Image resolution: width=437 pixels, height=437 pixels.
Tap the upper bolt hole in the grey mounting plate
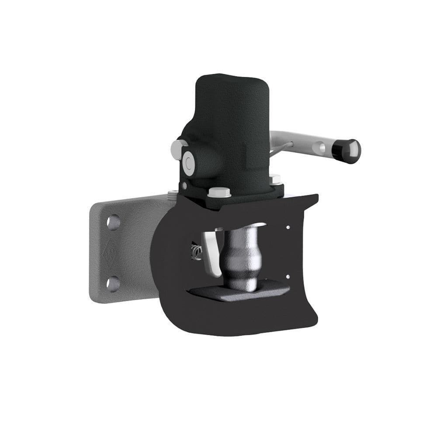pyautogui.click(x=114, y=222)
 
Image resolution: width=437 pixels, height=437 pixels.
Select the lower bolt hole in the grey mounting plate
pyautogui.click(x=113, y=283)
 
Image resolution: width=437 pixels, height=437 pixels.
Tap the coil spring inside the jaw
pyautogui.click(x=196, y=252)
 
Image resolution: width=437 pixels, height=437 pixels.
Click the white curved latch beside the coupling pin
pyautogui.click(x=211, y=253)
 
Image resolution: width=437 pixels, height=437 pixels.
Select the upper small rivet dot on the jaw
pyautogui.click(x=288, y=227)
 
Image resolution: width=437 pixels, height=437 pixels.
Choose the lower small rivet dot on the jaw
pyautogui.click(x=288, y=276)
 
